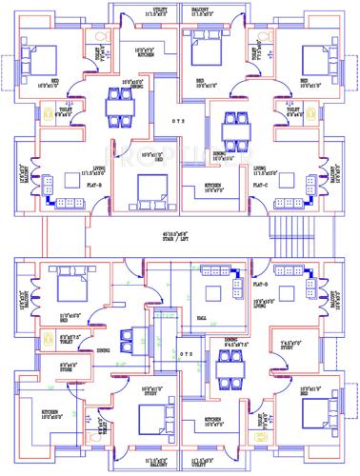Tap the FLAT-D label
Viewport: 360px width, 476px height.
[263, 283]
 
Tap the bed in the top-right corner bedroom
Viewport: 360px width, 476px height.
[317, 60]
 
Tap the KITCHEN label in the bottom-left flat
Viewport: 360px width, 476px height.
[50, 413]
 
